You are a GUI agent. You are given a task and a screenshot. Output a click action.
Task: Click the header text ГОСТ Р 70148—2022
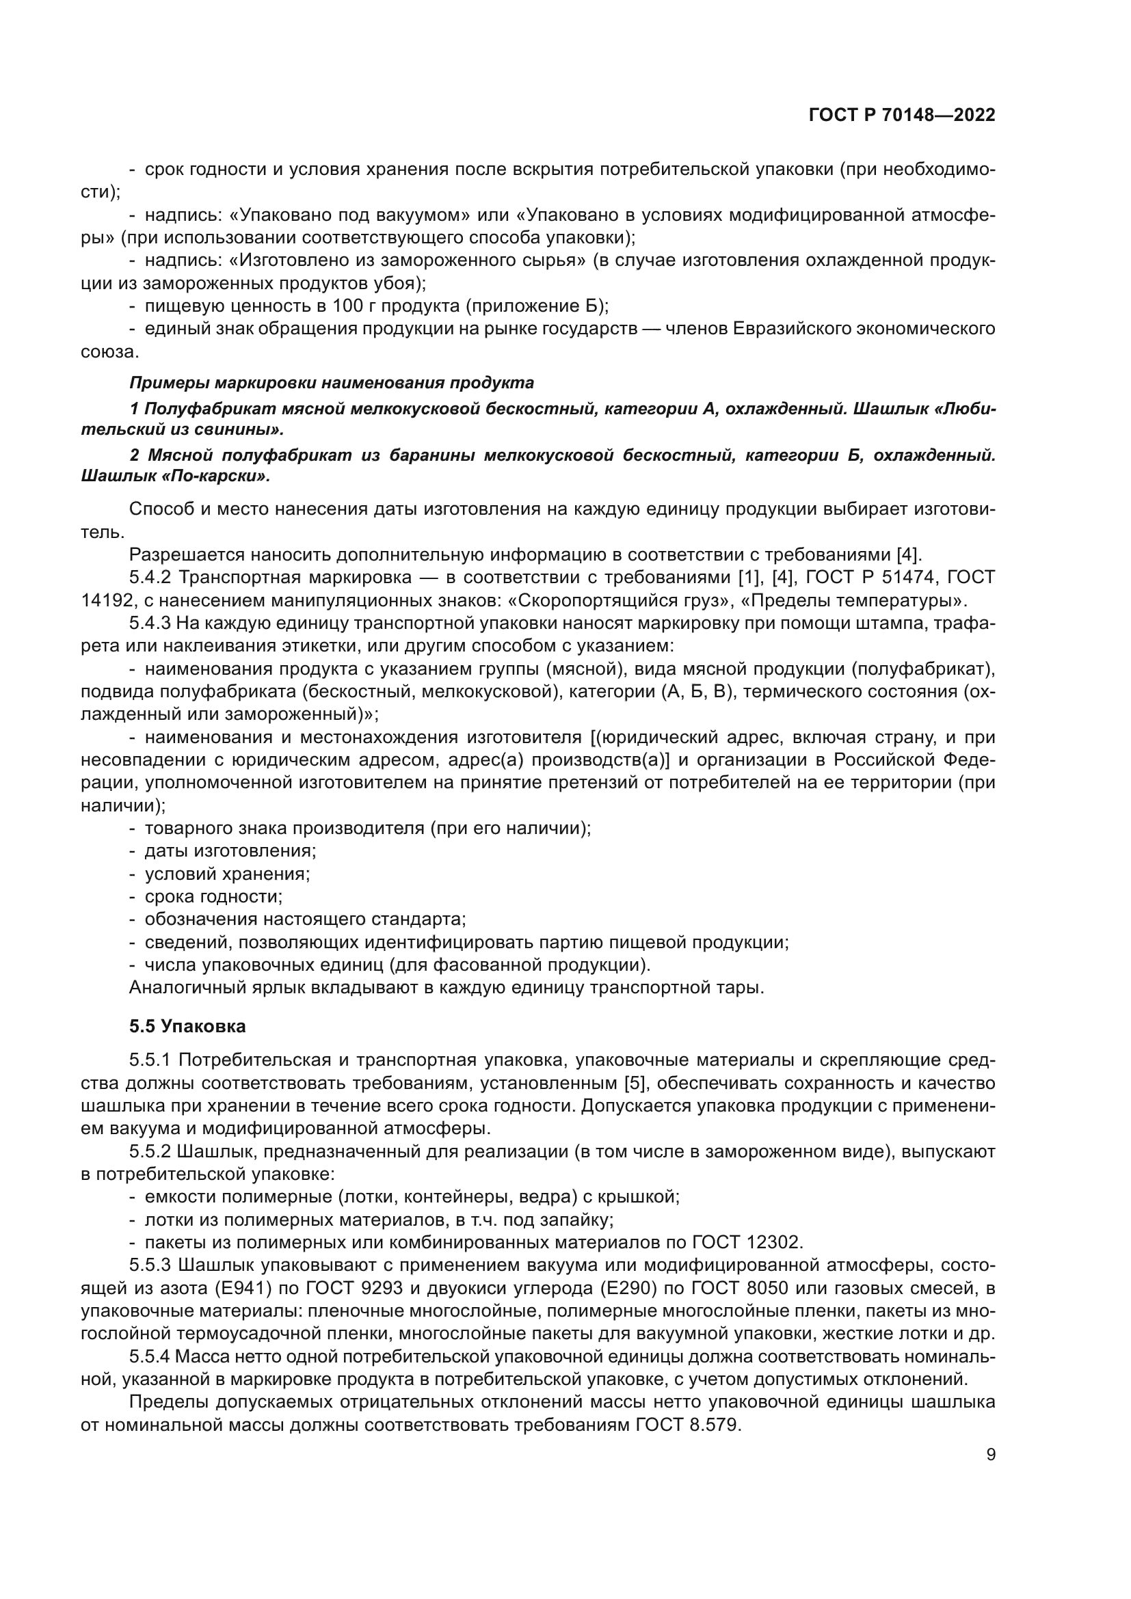pos(901,115)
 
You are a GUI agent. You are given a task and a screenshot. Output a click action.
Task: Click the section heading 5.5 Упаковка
pos(187,1026)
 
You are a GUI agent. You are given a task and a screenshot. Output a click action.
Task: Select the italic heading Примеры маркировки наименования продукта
pos(332,382)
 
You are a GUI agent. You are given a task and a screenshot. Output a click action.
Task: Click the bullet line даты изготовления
pos(230,850)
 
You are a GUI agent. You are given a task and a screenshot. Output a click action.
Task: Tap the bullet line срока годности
pos(213,896)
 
